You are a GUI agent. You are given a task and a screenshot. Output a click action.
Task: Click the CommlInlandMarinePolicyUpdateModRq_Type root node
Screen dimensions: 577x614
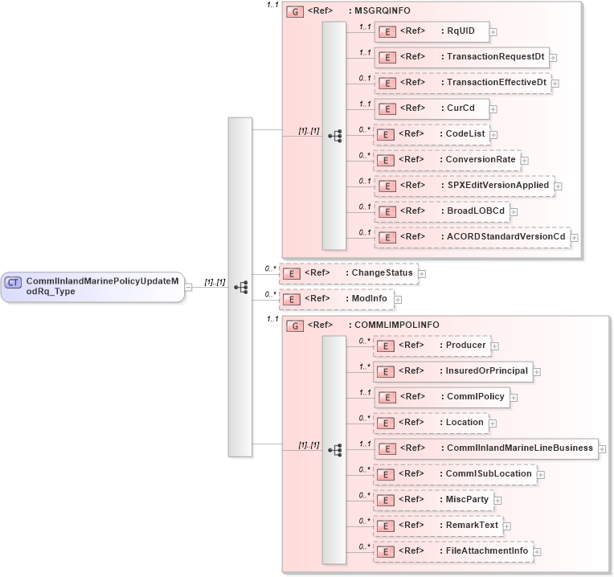point(92,286)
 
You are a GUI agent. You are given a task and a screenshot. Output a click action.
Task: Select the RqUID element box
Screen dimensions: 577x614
point(432,31)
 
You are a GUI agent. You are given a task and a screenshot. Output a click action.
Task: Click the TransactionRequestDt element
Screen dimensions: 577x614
point(462,57)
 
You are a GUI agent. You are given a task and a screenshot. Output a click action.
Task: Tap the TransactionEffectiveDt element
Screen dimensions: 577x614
point(463,83)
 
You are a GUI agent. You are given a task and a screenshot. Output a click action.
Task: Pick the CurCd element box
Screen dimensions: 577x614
point(432,108)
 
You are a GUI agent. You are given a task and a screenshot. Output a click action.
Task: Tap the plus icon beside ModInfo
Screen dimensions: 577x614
point(398,300)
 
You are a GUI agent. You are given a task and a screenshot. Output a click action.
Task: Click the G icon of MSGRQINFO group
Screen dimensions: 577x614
point(295,12)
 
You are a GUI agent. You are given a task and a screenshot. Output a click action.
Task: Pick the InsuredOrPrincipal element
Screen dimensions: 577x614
point(453,371)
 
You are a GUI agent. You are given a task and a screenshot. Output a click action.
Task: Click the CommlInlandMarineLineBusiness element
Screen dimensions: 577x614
point(486,448)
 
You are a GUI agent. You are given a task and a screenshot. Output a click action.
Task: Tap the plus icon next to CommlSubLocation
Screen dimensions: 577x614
point(541,475)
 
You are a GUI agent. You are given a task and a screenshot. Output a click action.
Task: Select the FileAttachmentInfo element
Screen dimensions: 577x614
point(453,551)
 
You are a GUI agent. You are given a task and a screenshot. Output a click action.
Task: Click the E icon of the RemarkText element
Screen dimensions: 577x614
point(385,526)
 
